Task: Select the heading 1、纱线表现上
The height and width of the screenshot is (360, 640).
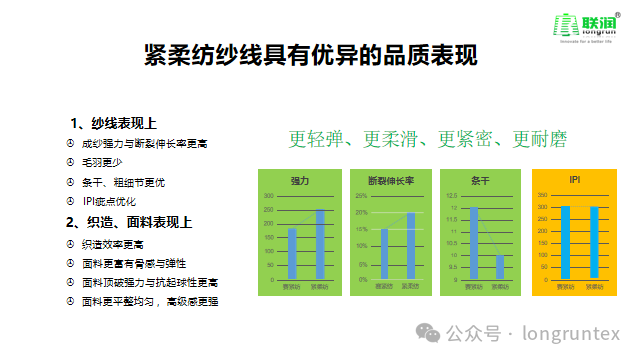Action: coord(113,123)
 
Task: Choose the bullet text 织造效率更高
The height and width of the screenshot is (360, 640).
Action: coord(113,243)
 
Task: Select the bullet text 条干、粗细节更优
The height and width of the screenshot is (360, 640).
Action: coord(124,182)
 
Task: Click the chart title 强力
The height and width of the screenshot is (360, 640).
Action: coord(300,181)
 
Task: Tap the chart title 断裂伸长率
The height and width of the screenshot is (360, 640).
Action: coord(391,181)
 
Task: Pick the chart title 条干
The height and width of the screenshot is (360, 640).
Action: coord(480,181)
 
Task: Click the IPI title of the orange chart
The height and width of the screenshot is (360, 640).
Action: coord(575,180)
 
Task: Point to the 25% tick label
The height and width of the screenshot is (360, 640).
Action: coord(361,195)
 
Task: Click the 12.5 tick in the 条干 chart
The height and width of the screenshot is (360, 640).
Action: coord(451,195)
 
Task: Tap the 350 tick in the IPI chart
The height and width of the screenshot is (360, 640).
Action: coord(542,195)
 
